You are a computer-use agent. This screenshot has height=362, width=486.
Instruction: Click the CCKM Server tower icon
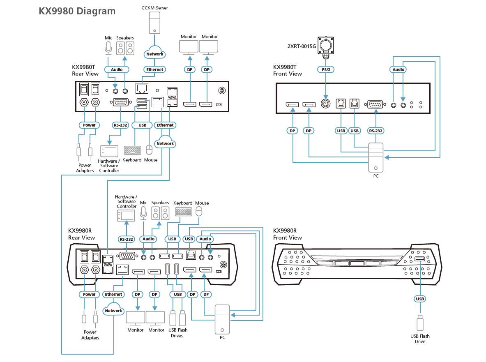click(x=154, y=23)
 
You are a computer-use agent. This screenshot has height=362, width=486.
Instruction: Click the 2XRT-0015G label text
click(x=302, y=46)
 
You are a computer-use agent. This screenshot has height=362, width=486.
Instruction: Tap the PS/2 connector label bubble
click(x=326, y=69)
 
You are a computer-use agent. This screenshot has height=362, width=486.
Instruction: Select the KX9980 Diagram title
click(x=77, y=11)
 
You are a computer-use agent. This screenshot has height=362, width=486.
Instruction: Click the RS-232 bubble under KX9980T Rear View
click(x=120, y=125)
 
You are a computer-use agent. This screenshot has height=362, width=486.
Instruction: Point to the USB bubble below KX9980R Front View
click(x=420, y=299)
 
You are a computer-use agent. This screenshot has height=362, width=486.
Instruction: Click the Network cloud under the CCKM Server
click(x=154, y=54)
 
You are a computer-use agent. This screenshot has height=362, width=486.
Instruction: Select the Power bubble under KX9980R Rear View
click(x=89, y=294)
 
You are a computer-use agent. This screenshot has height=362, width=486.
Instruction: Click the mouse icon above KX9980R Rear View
click(x=199, y=212)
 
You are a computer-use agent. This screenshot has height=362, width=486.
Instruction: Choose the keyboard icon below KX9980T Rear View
click(x=132, y=150)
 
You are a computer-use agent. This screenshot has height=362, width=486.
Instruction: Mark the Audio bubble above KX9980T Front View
click(x=398, y=69)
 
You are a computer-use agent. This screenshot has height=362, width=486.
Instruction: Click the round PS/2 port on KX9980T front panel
click(x=326, y=104)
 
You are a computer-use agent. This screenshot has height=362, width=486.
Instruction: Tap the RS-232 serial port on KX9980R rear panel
click(x=127, y=256)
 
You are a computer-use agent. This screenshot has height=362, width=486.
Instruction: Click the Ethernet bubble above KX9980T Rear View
click(x=154, y=69)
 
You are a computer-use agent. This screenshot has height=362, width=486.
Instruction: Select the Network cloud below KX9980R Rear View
click(x=113, y=310)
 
